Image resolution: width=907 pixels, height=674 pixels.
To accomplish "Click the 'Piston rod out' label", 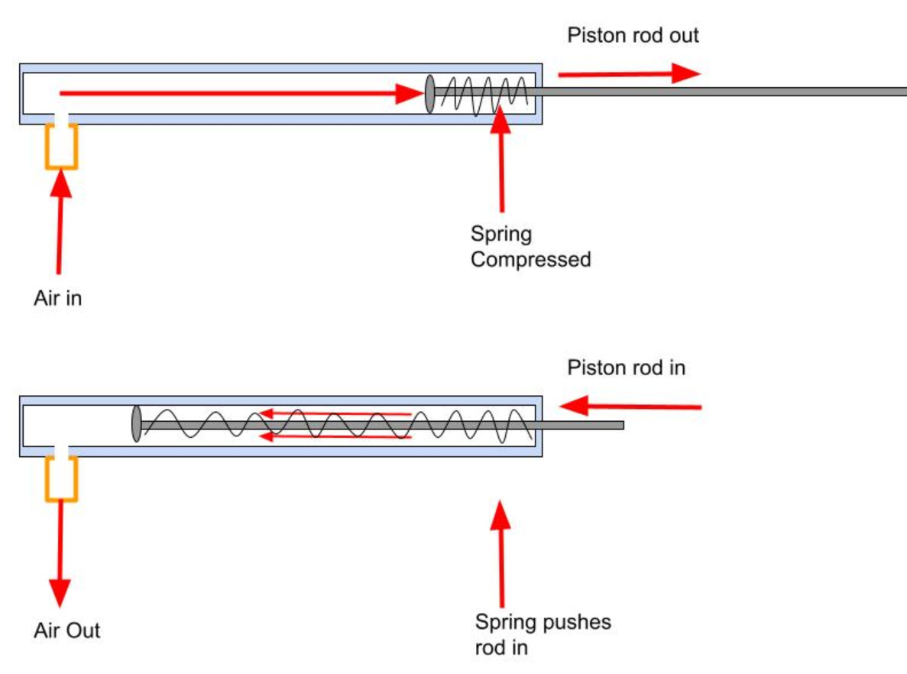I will [633, 35].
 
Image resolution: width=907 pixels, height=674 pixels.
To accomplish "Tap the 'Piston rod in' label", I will [626, 368].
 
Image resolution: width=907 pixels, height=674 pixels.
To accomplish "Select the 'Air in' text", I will [57, 298].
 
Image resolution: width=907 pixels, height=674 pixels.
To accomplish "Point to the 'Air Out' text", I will [66, 630].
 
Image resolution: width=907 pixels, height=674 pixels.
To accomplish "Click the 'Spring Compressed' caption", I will [530, 247].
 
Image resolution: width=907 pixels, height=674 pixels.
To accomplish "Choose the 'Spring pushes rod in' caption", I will [543, 634].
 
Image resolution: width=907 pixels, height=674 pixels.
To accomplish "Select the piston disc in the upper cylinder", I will [429, 93].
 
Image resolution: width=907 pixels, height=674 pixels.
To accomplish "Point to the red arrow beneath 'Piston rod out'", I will [628, 73].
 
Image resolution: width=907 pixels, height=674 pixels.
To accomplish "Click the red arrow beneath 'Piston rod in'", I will [630, 406].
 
